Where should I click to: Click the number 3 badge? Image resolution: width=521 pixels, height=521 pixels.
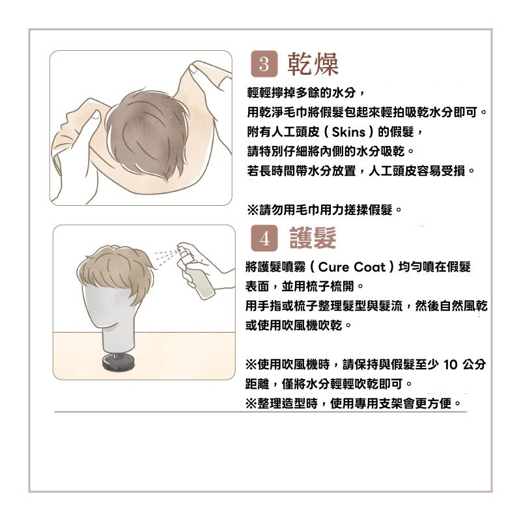(x=264, y=64)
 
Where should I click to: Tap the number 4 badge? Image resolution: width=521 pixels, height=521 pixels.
(x=264, y=238)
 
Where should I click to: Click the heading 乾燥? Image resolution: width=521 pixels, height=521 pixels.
(x=313, y=64)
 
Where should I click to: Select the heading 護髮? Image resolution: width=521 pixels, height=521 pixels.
(x=313, y=238)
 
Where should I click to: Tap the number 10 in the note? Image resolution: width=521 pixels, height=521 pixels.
(x=451, y=365)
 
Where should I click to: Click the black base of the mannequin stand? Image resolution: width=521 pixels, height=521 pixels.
(x=119, y=363)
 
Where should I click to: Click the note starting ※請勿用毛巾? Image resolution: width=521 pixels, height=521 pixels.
(x=324, y=210)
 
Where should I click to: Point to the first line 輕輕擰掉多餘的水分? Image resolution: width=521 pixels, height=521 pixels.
(x=305, y=92)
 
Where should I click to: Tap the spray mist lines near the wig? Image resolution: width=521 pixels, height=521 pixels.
(x=165, y=257)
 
